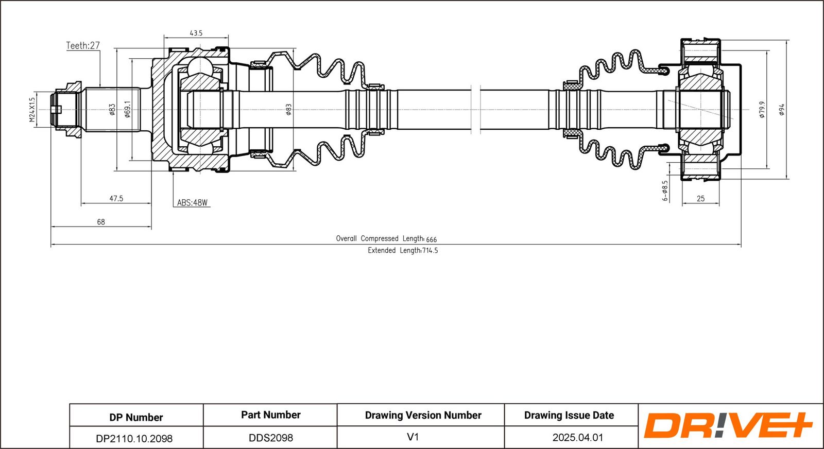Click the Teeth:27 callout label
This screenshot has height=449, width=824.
click(x=83, y=46)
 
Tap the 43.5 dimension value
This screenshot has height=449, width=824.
click(x=196, y=33)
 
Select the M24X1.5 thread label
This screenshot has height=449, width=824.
click(x=32, y=110)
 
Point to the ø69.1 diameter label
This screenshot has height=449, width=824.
click(x=128, y=109)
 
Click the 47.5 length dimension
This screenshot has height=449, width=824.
click(x=116, y=198)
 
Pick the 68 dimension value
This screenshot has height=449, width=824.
click(x=101, y=222)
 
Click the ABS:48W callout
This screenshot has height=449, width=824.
click(x=192, y=203)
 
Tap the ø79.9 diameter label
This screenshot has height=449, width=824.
click(x=762, y=110)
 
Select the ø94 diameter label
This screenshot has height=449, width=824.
click(x=781, y=110)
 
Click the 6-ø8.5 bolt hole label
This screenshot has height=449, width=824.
click(x=665, y=191)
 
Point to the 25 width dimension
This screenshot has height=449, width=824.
click(x=700, y=198)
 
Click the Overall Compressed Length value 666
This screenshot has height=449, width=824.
click(x=432, y=239)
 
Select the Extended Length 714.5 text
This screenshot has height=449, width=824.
click(x=403, y=251)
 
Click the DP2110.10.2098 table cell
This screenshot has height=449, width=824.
click(x=134, y=438)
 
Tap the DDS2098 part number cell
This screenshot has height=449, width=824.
click(x=271, y=438)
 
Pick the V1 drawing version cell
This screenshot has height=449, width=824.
click(x=413, y=437)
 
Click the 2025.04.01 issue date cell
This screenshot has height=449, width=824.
click(x=578, y=438)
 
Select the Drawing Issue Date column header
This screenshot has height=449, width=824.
click(x=569, y=415)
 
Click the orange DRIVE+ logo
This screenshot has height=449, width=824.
click(x=728, y=426)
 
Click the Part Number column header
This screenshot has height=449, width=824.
click(x=271, y=415)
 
